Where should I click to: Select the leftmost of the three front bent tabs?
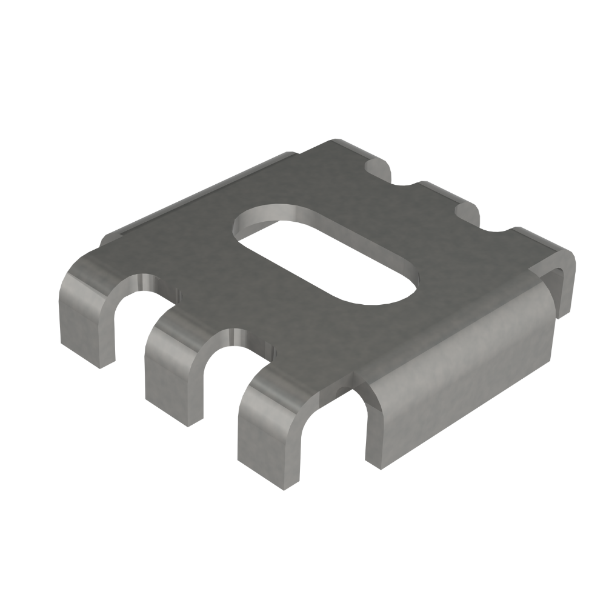click(x=88, y=315)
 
